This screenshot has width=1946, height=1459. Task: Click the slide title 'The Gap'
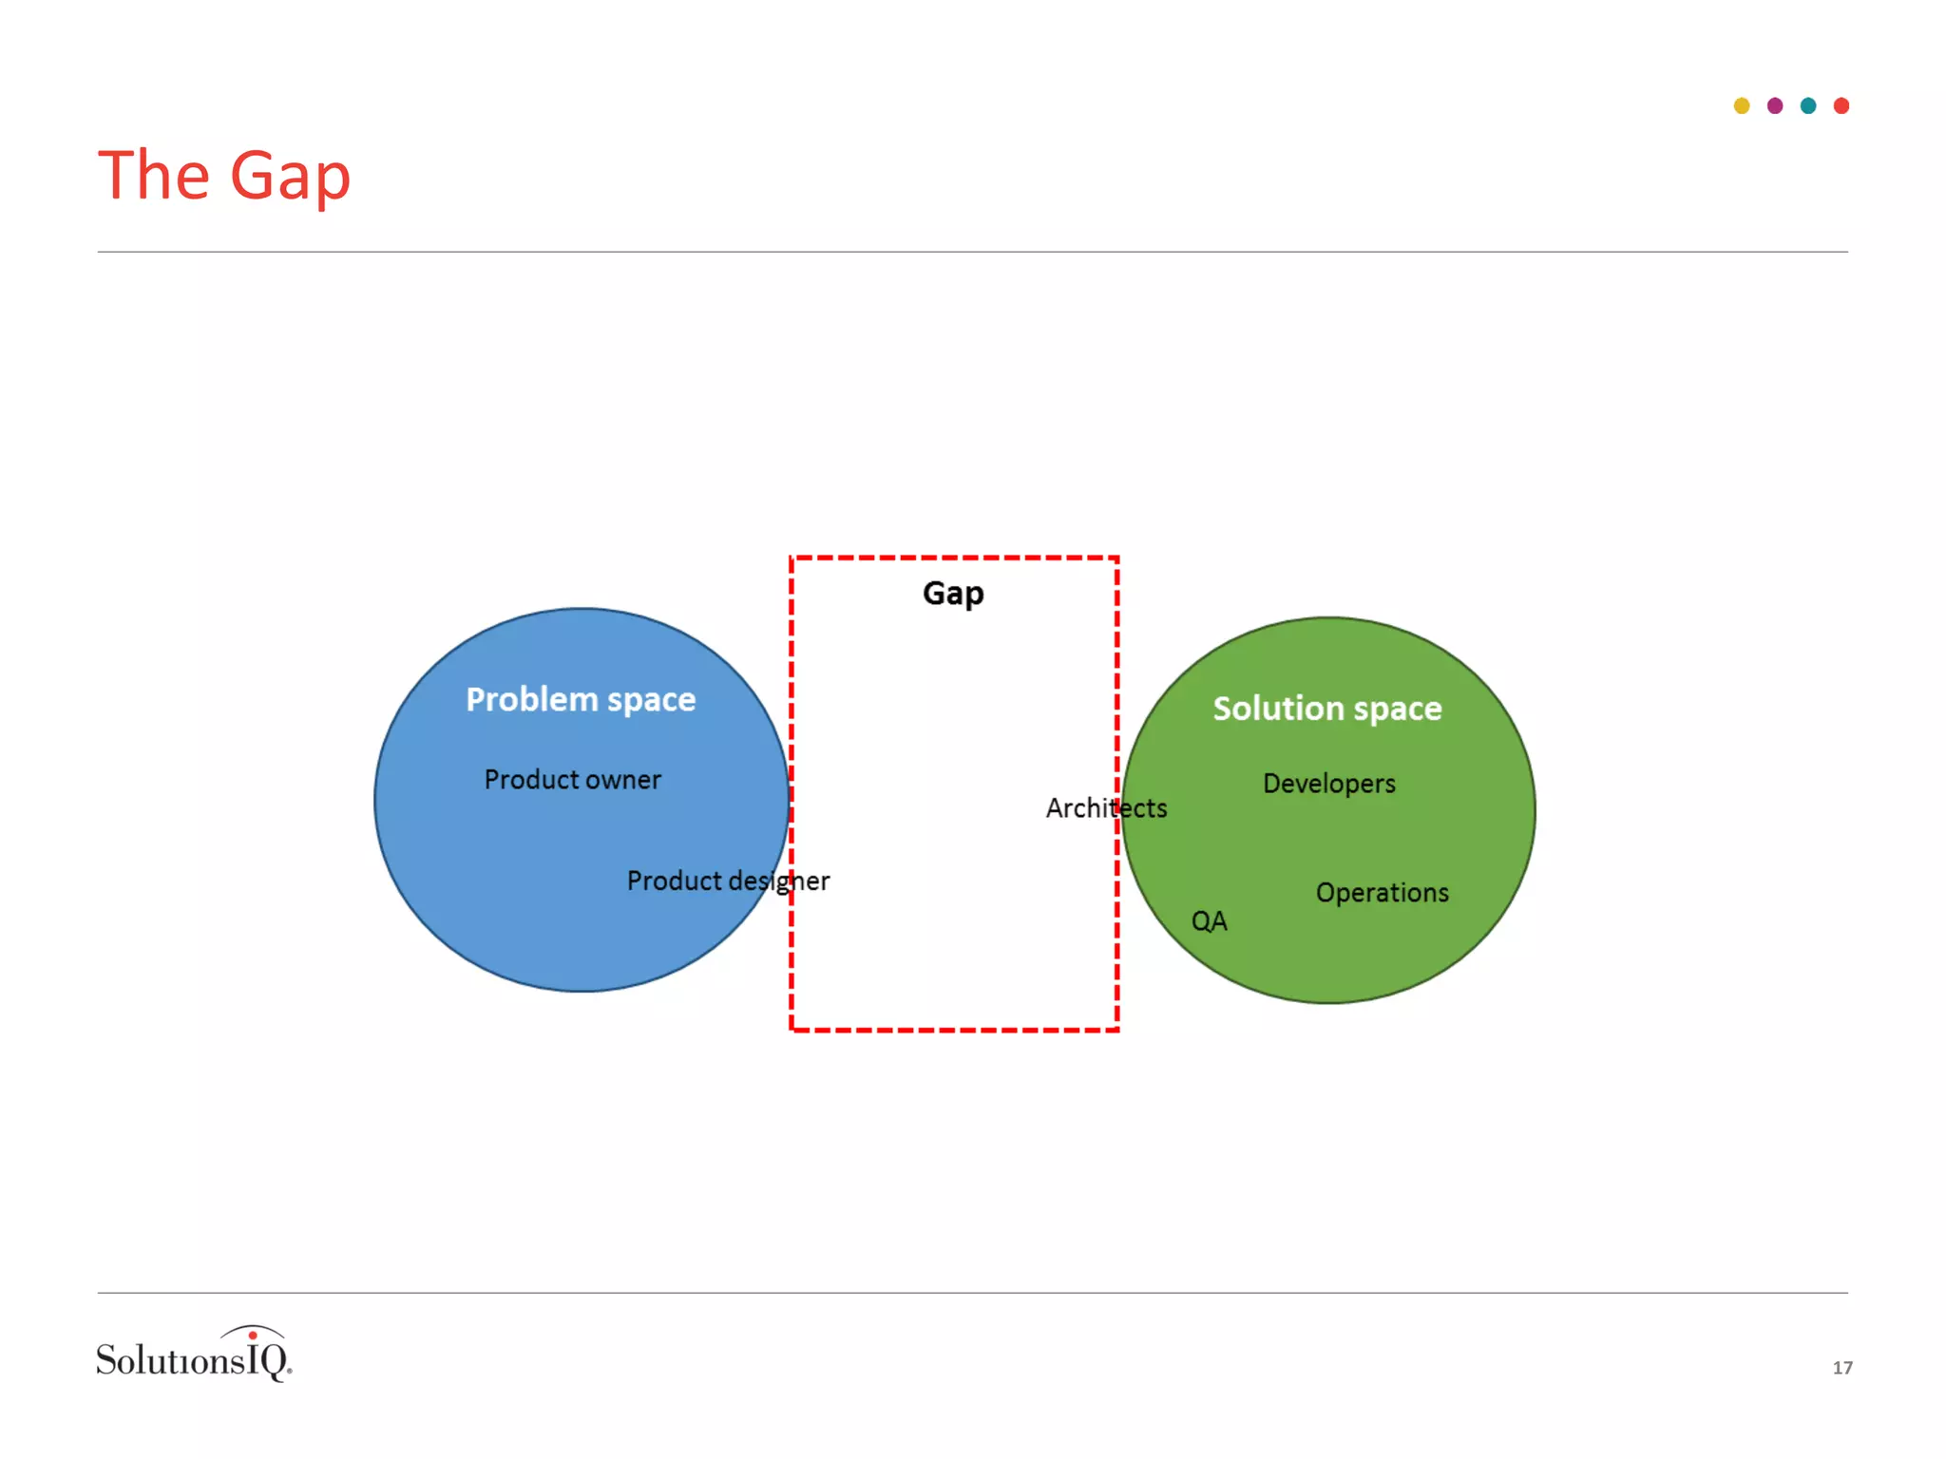224,177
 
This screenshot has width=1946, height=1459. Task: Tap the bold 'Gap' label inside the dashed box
953,594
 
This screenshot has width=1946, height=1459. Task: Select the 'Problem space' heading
581,700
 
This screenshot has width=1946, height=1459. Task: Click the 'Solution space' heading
1327,709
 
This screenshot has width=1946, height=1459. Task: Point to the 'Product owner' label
572,780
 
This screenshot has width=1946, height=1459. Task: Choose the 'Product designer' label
728,881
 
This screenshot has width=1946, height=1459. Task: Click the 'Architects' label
1106,808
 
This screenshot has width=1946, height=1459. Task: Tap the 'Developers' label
1328,784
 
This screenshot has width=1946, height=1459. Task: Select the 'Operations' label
1382,893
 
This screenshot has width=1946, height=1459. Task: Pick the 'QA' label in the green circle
1209,921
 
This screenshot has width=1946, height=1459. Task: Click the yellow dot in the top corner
1742,105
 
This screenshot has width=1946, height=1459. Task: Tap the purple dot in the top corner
1775,105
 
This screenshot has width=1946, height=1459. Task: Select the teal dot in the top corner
1808,105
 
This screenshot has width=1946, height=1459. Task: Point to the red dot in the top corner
1841,105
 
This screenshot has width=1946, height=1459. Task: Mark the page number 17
1842,1368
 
